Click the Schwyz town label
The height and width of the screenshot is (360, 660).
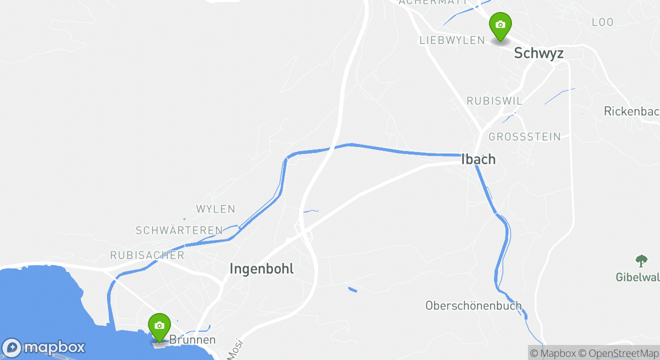[x=538, y=53]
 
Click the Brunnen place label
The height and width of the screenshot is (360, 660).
[x=192, y=340]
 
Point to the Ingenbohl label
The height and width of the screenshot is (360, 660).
[x=261, y=269]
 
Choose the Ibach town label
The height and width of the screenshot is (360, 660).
[x=478, y=159]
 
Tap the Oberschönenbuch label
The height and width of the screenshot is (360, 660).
[x=473, y=305]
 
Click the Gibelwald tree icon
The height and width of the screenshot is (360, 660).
[x=641, y=260]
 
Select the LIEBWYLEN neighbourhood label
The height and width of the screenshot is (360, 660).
[x=452, y=40]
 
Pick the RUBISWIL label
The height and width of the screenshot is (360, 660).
[x=494, y=101]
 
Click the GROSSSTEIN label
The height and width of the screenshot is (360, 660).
[x=524, y=137]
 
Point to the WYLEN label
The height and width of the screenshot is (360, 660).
[x=215, y=209]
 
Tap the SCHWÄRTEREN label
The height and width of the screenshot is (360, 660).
[x=179, y=230]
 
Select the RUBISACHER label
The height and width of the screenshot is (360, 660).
[x=147, y=255]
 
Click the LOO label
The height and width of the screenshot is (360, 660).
[x=602, y=22]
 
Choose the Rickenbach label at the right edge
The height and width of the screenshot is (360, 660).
[x=631, y=111]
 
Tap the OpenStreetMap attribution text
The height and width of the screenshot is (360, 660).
[x=618, y=353]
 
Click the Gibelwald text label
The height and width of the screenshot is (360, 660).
[x=637, y=277]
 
